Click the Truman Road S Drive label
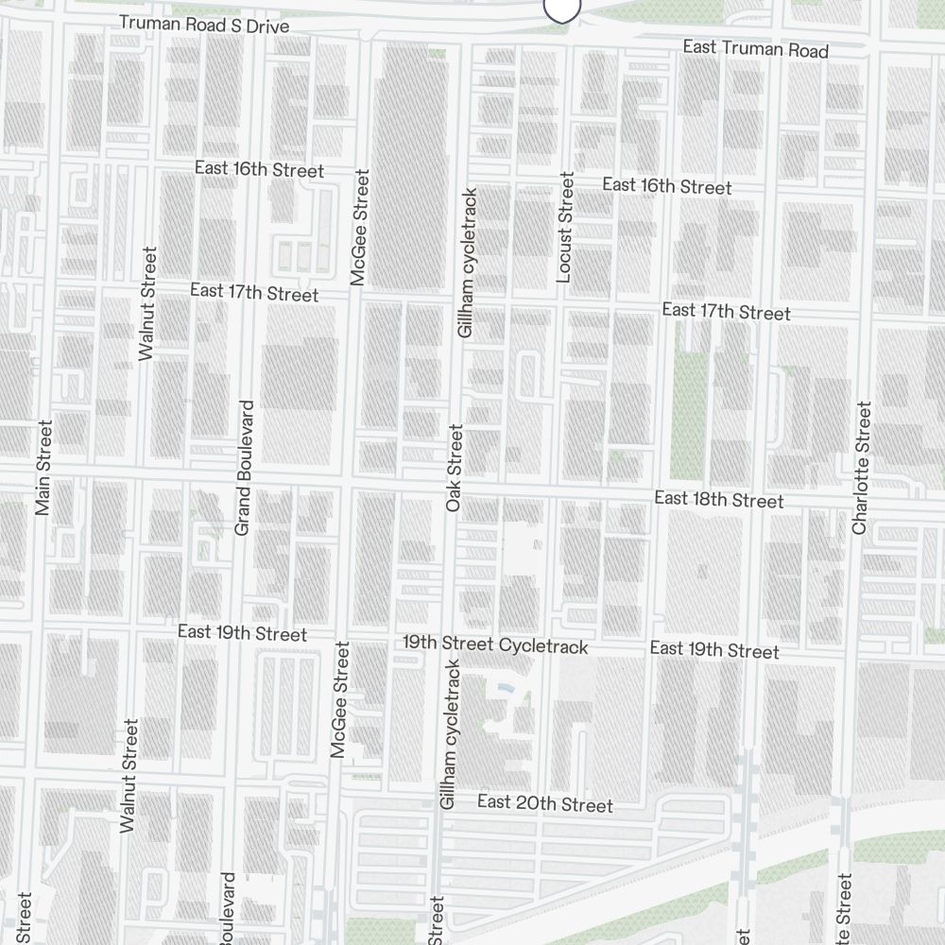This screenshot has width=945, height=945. [x=203, y=24]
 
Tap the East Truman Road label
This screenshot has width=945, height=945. [x=756, y=49]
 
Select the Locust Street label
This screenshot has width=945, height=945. [x=566, y=227]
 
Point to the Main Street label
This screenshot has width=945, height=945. [x=43, y=468]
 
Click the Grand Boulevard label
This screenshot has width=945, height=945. [x=244, y=468]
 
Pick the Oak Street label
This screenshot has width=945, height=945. [x=455, y=469]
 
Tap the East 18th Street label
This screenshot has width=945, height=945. [x=719, y=499]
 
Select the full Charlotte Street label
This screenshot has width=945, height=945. [x=860, y=468]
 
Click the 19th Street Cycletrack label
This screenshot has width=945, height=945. [x=495, y=645]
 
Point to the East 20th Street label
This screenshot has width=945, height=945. [x=545, y=804]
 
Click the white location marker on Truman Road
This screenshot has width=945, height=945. [x=561, y=8]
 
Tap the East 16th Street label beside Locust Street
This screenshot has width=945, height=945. [x=666, y=186]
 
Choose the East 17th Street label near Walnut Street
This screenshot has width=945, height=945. [x=254, y=293]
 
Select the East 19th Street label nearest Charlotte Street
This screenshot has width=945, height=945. [x=714, y=649]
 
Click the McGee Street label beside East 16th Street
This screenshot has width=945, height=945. [x=358, y=227]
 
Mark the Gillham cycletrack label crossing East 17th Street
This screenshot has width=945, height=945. [x=467, y=263]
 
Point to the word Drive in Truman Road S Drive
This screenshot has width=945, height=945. [x=267, y=26]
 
